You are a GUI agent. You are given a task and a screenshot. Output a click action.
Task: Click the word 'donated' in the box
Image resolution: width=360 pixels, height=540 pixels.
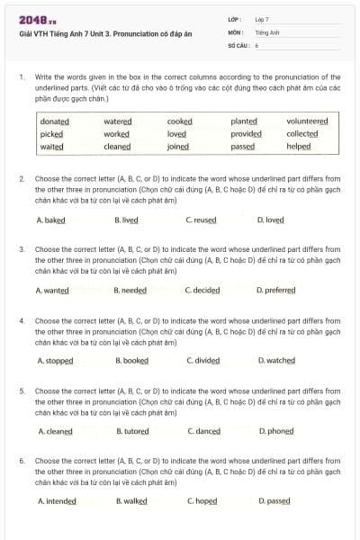click(54, 121)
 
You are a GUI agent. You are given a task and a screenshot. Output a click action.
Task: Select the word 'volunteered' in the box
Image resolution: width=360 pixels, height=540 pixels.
click(307, 121)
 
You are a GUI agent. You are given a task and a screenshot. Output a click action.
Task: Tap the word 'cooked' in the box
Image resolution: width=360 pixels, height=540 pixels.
click(180, 121)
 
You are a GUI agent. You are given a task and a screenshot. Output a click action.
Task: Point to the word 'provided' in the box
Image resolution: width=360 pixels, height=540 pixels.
click(246, 134)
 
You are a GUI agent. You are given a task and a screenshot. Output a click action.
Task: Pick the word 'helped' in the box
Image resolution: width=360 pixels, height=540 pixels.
click(299, 147)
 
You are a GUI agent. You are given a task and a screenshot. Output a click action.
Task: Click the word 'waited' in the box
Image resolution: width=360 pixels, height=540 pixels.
click(52, 147)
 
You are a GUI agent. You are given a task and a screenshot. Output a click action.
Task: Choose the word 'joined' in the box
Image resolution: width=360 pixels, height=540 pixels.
click(178, 147)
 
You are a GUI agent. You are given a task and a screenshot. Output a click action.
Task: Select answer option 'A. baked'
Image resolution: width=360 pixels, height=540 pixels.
click(50, 220)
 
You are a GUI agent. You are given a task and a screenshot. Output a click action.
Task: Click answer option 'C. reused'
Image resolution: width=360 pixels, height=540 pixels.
click(201, 220)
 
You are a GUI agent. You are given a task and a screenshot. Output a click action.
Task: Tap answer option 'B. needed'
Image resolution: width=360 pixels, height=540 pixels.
click(130, 291)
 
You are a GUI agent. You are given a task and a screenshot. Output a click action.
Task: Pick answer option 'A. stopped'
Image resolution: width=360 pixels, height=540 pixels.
click(55, 361)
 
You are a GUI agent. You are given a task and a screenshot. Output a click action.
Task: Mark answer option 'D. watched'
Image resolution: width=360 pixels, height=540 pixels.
click(276, 361)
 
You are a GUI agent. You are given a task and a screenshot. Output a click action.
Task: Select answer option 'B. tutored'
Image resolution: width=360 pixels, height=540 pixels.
click(132, 431)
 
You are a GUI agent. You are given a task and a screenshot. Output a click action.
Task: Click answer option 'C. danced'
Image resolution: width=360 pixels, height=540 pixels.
click(203, 431)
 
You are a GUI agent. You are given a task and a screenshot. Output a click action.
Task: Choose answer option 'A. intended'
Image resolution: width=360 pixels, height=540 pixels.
click(57, 501)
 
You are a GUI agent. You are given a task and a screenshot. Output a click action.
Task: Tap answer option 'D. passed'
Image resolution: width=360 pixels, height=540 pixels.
click(274, 501)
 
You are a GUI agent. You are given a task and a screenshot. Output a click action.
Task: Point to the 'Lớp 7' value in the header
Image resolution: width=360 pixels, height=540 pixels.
click(262, 19)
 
